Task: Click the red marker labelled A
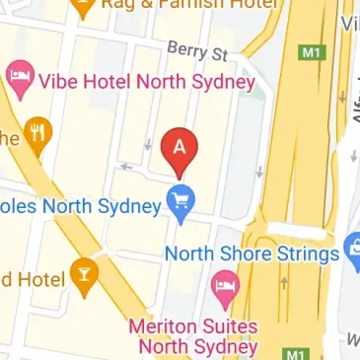coord(179,148)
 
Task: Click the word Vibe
coord(59,81)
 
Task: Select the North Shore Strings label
coord(251,253)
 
